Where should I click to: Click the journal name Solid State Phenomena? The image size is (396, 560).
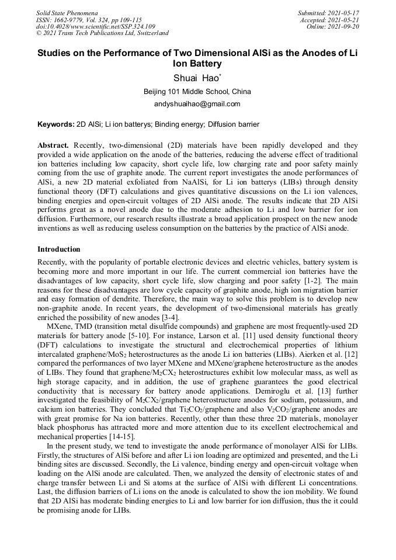67,13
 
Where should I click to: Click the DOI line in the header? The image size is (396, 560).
96,26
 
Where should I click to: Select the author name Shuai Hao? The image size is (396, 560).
197,78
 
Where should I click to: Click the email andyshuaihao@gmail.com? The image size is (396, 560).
197,104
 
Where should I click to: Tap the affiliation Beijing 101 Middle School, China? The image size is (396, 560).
197,92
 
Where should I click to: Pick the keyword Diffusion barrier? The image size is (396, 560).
233,124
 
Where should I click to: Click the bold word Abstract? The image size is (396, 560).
54,145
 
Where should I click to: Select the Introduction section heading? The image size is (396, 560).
59,249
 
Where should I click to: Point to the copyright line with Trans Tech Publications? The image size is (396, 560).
102,33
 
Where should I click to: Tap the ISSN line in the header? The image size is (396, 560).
89,20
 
